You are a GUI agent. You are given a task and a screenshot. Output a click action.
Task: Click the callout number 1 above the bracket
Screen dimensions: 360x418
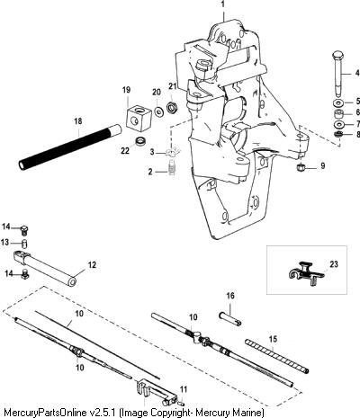222,5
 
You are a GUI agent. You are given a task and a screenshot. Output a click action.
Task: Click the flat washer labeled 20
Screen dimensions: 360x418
158,111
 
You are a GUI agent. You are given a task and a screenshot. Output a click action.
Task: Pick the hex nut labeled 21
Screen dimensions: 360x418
172,107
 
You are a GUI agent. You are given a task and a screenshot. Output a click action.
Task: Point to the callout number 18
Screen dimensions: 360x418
78,121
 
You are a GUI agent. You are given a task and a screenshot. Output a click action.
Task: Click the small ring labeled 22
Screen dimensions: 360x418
139,141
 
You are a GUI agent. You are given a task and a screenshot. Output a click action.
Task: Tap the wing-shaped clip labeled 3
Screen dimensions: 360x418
171,153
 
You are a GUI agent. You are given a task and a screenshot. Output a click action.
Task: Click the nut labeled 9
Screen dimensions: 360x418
300,168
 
